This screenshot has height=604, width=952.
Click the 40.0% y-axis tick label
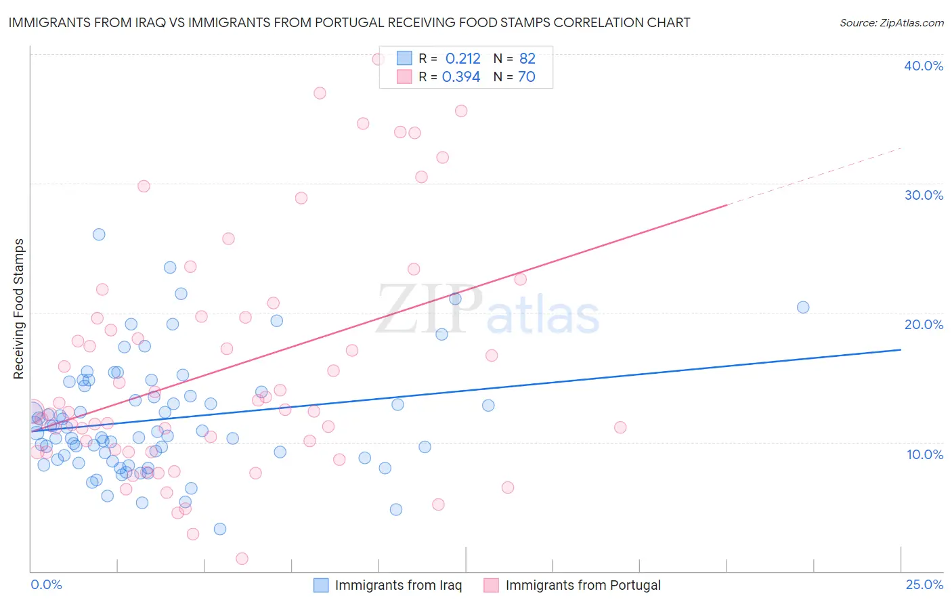point(923,66)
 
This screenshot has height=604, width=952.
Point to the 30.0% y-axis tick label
point(923,195)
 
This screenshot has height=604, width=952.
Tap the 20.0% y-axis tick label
point(923,324)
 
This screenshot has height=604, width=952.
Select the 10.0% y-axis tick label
point(924,454)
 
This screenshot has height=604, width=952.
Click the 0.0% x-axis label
point(46,584)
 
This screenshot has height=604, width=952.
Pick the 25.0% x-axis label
point(924,584)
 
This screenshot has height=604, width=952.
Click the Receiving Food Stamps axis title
point(18,309)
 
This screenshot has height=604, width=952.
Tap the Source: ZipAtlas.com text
point(891,22)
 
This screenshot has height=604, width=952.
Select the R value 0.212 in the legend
point(462,58)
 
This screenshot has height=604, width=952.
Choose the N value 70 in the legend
point(526,77)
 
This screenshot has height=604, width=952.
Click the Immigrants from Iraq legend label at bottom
point(398,585)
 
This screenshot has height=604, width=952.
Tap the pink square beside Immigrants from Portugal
point(491,585)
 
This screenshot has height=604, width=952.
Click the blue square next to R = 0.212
point(404,58)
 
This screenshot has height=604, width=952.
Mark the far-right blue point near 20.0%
point(803,307)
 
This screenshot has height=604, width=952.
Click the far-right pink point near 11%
point(620,427)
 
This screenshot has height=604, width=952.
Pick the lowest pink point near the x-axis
point(242,559)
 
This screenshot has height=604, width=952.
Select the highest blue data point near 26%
point(99,234)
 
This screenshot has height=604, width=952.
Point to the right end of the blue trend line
point(901,349)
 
